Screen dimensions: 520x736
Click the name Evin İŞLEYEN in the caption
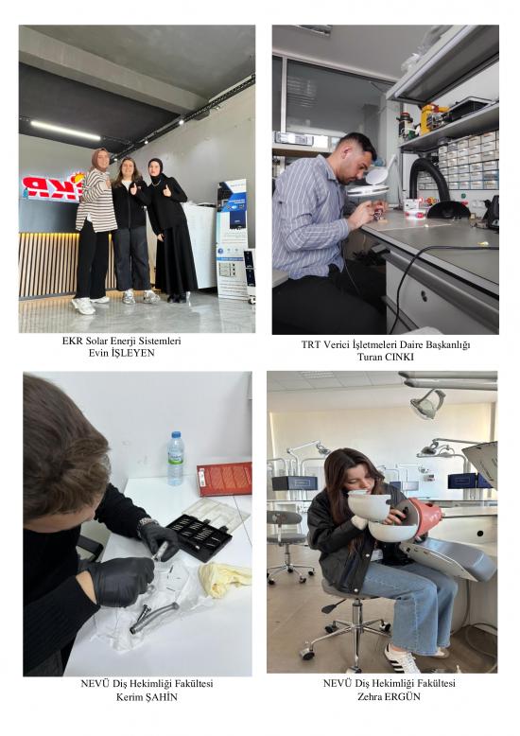[x=122, y=353]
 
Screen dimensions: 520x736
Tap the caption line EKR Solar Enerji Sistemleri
[x=122, y=341]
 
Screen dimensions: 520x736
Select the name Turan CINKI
[x=386, y=357]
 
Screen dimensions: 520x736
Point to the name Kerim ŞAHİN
[x=147, y=697]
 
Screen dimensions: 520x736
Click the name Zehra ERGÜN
[x=390, y=696]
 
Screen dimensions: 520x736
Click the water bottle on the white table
[x=176, y=459]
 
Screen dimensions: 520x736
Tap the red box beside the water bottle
[x=225, y=479]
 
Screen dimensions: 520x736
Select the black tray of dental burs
[x=200, y=536]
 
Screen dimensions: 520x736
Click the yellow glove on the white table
[x=224, y=579]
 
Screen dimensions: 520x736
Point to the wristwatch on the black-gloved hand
[x=147, y=523]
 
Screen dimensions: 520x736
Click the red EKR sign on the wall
[x=52, y=186]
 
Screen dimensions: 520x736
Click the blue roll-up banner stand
[x=234, y=239]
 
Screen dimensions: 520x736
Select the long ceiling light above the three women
[x=65, y=130]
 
